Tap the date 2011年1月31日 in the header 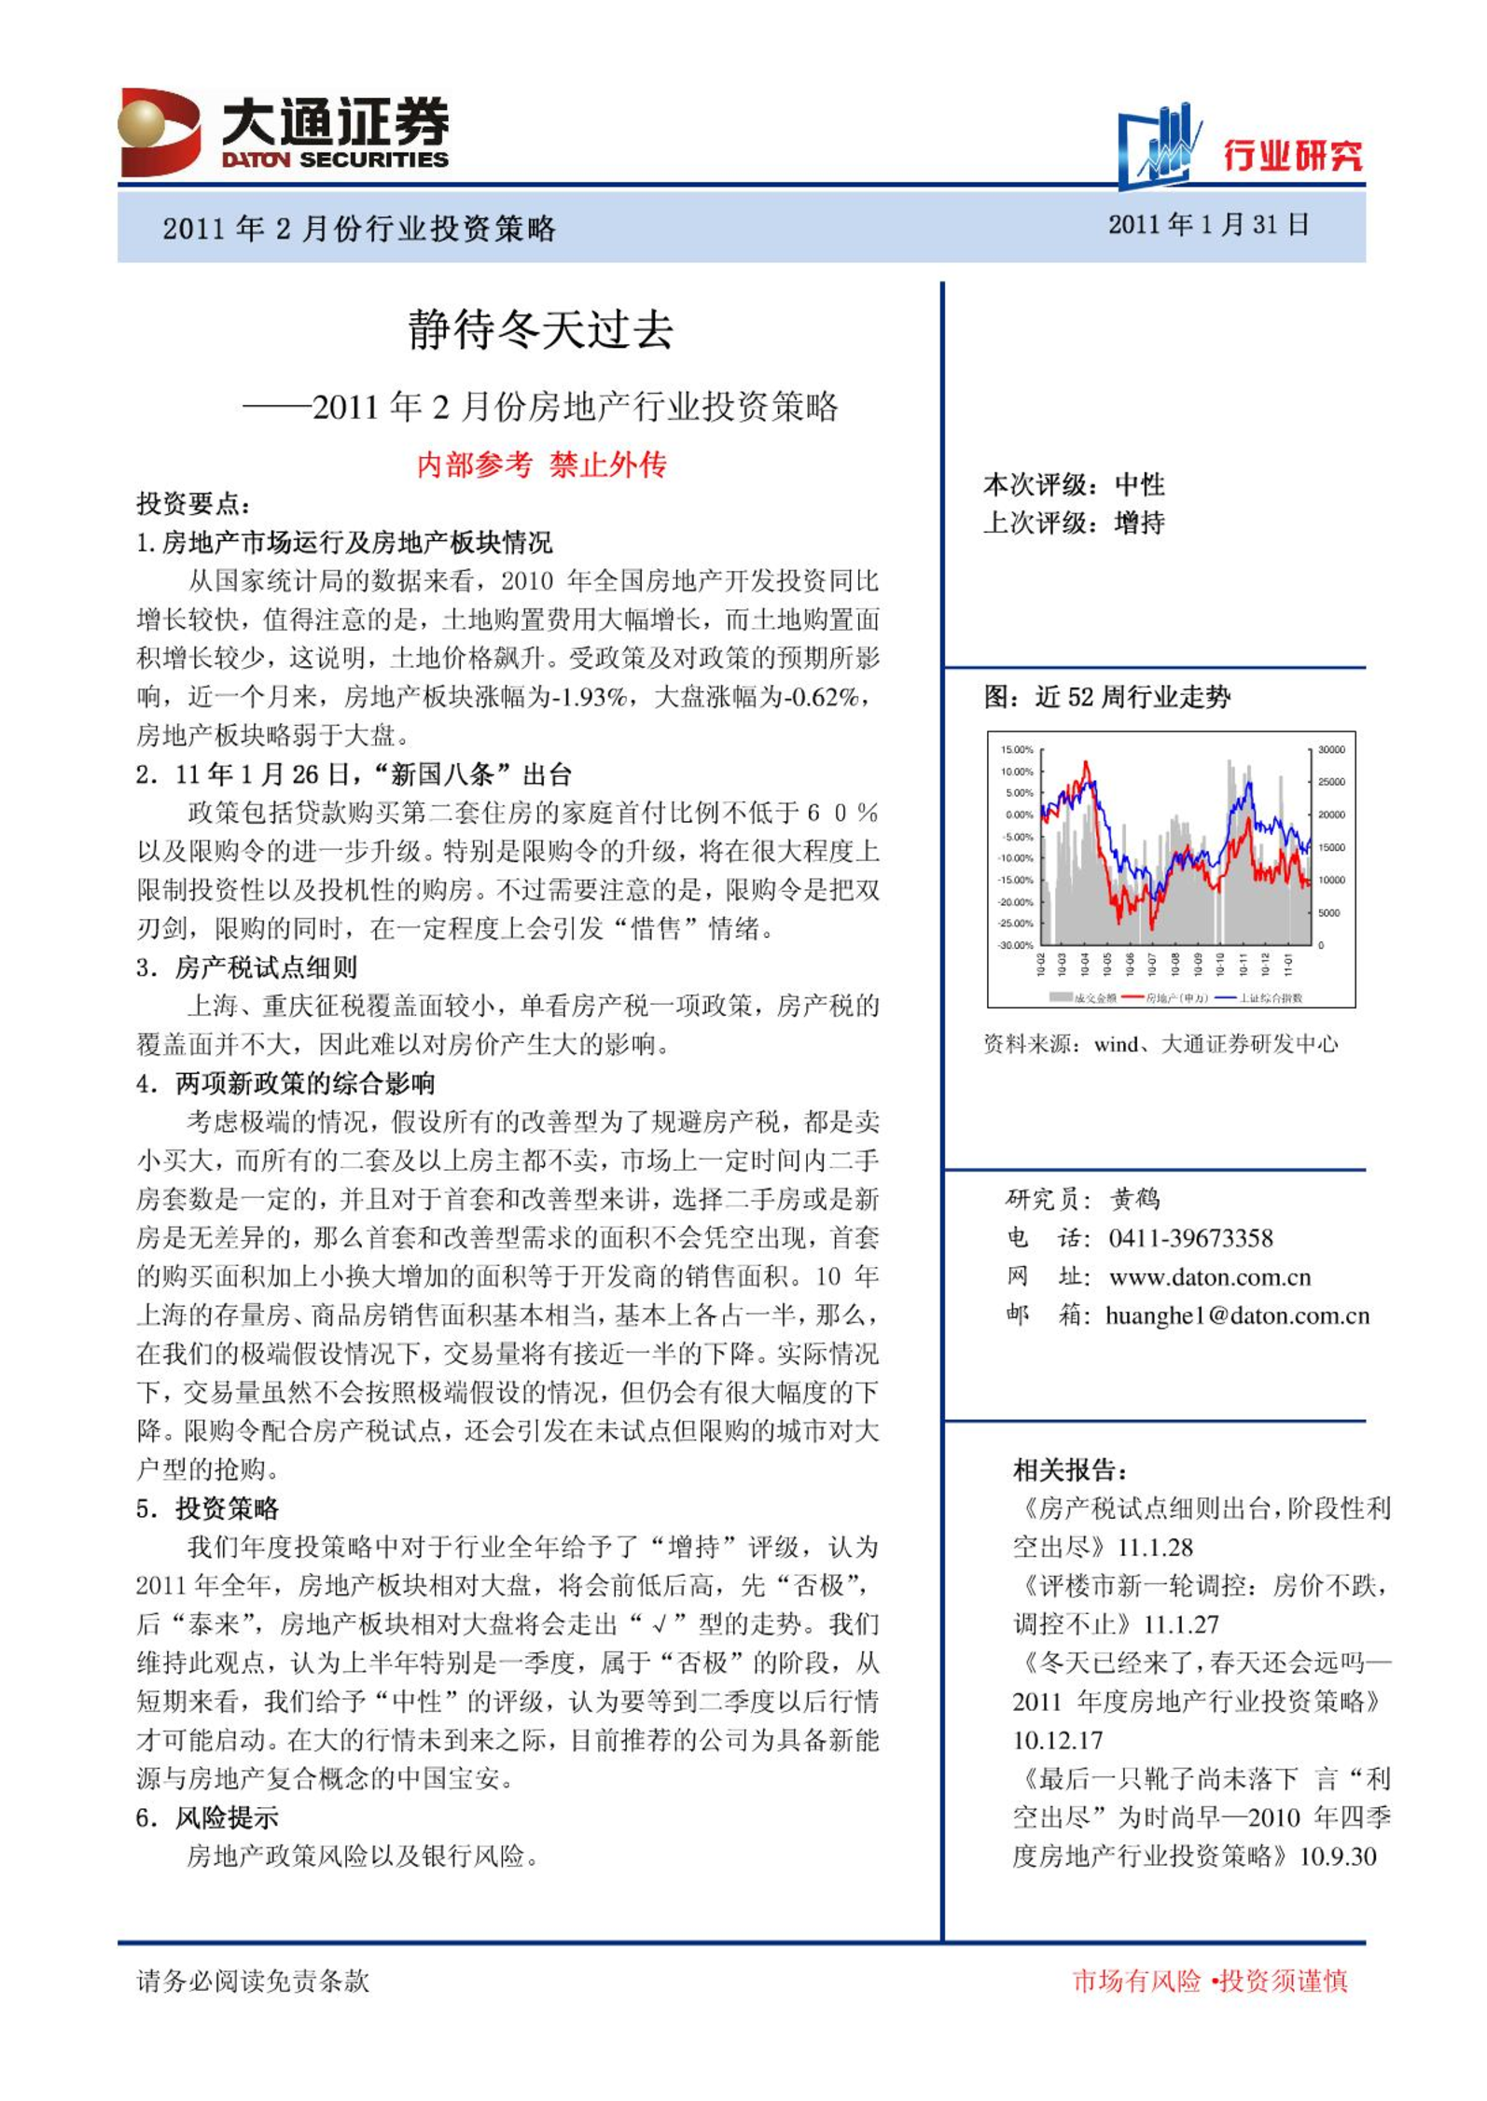tap(1208, 225)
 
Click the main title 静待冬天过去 tap(540, 330)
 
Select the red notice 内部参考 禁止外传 tap(541, 465)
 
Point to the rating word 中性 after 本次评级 tap(1139, 484)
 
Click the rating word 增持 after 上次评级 tap(1139, 522)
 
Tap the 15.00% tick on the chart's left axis tap(1016, 750)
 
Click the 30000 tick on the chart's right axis tap(1331, 750)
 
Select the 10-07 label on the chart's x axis tap(1153, 963)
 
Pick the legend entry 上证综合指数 tap(1270, 998)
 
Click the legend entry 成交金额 tap(1094, 998)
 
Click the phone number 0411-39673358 tap(1190, 1238)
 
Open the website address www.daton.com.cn tap(1209, 1276)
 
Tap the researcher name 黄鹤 tap(1134, 1199)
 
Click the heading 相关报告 tap(1070, 1470)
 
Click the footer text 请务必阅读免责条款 tap(253, 1982)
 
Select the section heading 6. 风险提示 tap(207, 1817)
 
